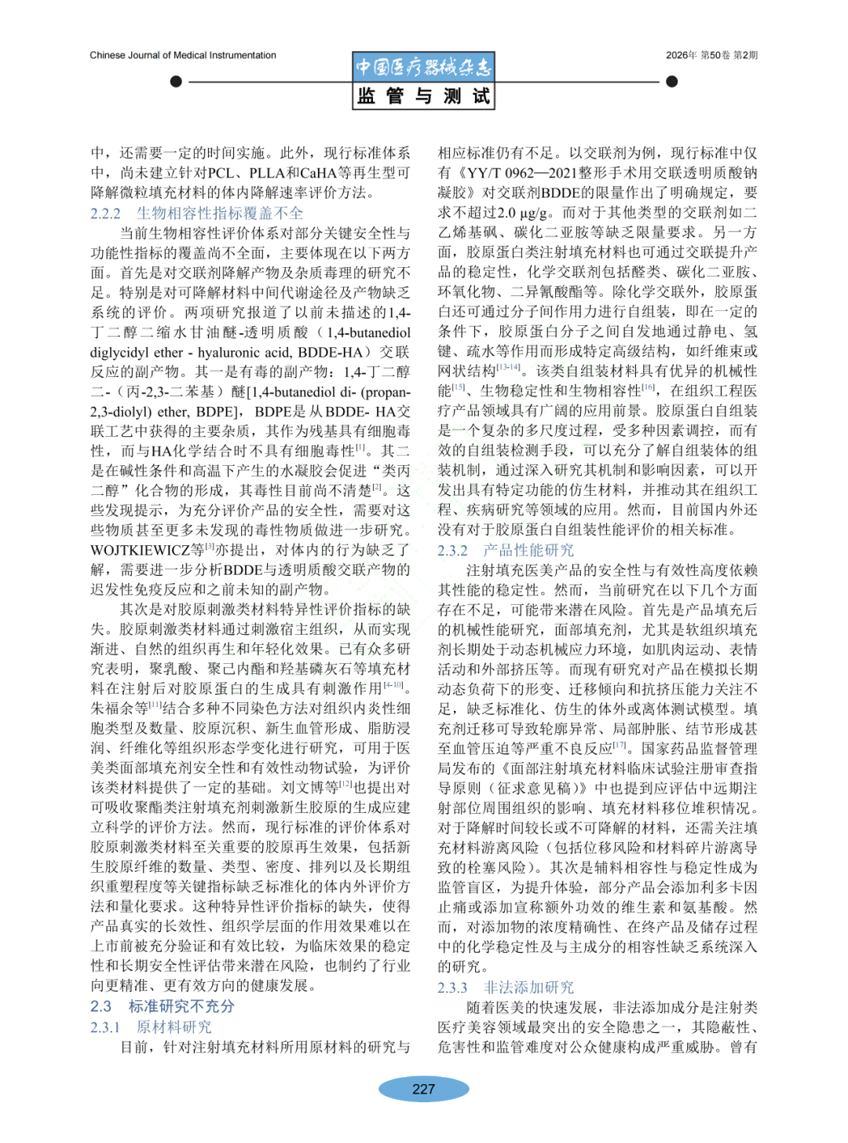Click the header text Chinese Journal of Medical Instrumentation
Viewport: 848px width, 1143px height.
(x=183, y=56)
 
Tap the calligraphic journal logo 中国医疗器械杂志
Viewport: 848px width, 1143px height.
(x=423, y=68)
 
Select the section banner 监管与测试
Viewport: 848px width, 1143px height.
(x=423, y=96)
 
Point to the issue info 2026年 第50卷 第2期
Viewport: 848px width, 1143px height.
(x=711, y=56)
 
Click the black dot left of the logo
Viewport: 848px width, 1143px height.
(x=176, y=82)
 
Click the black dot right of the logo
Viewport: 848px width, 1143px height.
(x=671, y=82)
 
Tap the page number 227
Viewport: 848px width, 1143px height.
(x=423, y=1089)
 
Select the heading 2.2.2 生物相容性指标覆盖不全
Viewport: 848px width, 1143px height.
(x=196, y=214)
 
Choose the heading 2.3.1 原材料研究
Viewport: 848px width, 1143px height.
(x=151, y=1027)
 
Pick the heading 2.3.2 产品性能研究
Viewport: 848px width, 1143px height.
(x=506, y=550)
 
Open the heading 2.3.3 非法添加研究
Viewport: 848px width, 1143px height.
(x=506, y=987)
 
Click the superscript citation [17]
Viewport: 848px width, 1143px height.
(x=620, y=746)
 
